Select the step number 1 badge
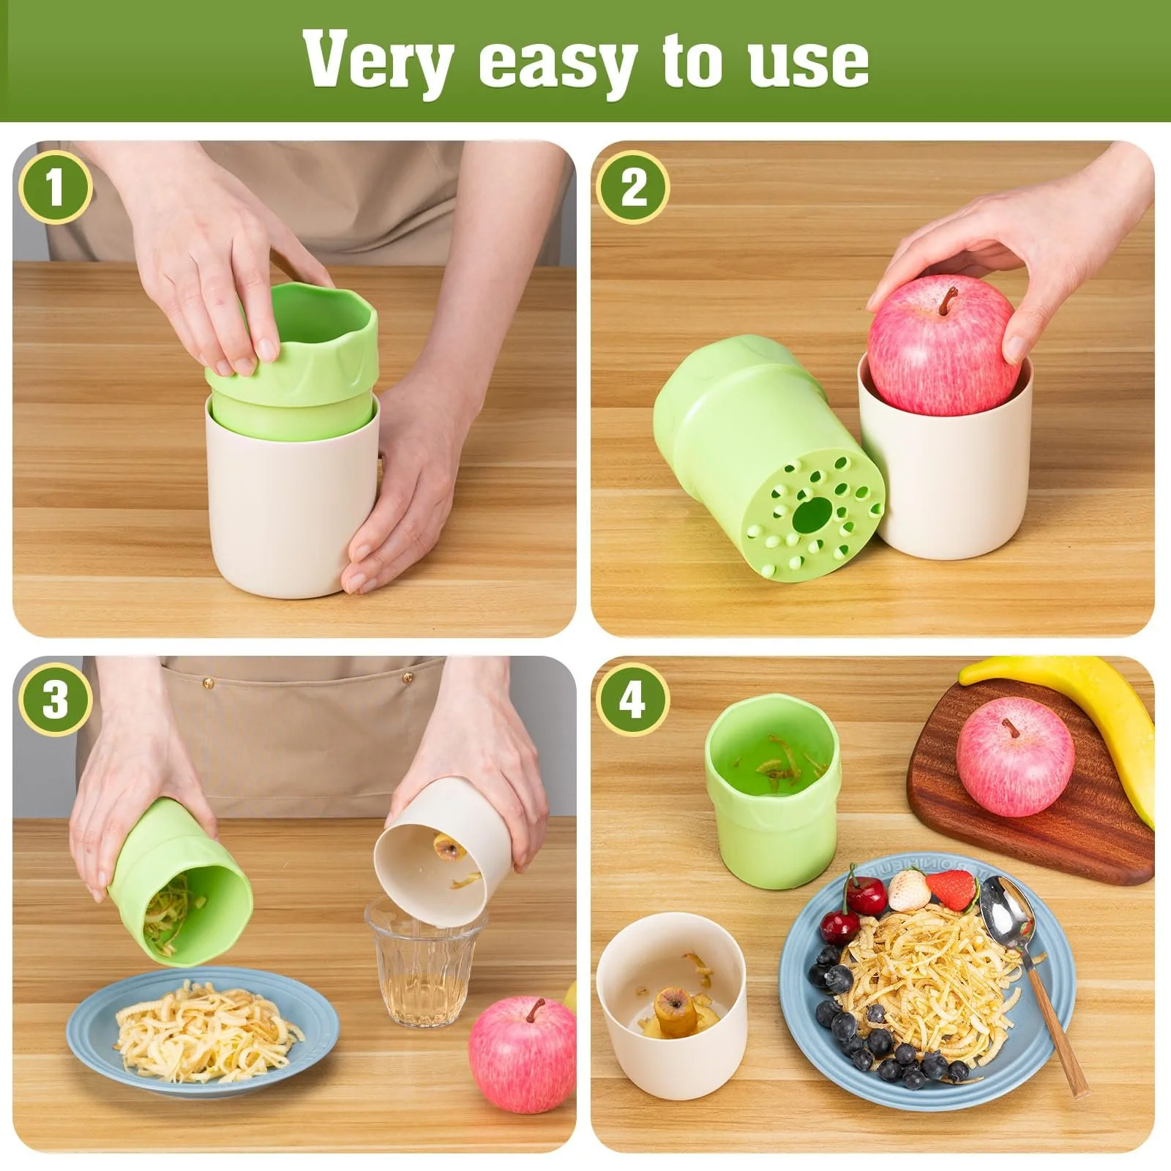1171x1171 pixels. (x=56, y=187)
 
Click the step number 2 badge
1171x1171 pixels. (x=633, y=187)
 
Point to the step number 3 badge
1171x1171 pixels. (x=56, y=700)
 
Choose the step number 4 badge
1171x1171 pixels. (x=633, y=700)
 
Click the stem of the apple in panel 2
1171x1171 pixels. (x=949, y=299)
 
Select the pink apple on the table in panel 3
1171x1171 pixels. (x=522, y=1051)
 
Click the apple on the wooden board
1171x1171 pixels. (x=1015, y=756)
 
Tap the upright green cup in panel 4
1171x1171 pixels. (x=771, y=788)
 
